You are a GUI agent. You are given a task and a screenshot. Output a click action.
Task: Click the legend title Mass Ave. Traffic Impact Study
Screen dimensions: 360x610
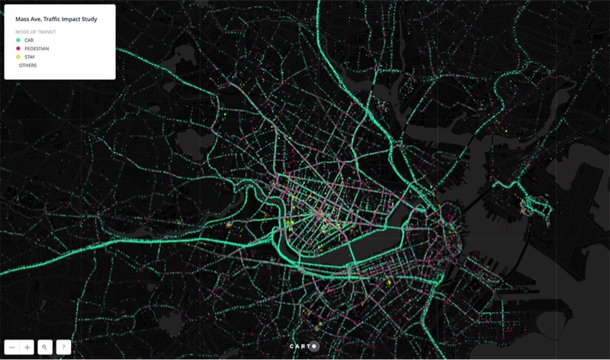coord(56,18)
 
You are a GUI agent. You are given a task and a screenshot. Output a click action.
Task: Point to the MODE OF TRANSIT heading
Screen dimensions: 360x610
coord(36,32)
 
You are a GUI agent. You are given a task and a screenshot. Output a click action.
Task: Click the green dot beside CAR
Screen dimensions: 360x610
coord(18,40)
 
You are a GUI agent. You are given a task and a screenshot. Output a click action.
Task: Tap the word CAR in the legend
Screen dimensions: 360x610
coord(30,40)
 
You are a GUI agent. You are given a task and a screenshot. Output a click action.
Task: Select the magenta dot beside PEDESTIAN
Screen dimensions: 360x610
coord(18,49)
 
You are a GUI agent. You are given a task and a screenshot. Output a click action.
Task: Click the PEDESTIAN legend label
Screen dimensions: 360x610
coord(37,49)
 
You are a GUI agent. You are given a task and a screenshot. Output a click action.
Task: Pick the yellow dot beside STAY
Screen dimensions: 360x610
coord(18,57)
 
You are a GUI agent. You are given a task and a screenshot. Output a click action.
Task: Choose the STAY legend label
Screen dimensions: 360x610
coord(30,57)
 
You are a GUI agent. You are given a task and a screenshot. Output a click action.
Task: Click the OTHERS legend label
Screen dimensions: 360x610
coord(28,66)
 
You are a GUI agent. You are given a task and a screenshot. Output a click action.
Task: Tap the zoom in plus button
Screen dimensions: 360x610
coord(27,347)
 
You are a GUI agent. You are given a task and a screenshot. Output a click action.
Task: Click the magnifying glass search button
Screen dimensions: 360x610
coord(45,347)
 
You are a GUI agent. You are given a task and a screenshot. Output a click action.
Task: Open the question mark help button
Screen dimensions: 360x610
coord(63,347)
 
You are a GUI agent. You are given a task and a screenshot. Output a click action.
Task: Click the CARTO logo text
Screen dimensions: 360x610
coord(302,346)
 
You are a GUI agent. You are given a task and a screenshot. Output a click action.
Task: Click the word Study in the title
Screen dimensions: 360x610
coord(88,18)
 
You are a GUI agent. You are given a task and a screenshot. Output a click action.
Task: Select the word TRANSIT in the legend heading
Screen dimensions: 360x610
coord(47,32)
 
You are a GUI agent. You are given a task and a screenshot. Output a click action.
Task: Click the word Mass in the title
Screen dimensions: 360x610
coord(22,18)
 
